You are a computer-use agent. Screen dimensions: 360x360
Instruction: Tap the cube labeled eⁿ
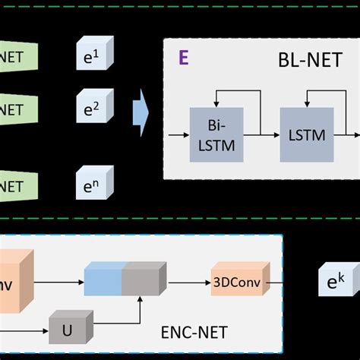pyautogui.click(x=94, y=184)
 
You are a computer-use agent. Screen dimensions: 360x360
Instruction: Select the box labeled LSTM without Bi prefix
pyautogui.click(x=307, y=134)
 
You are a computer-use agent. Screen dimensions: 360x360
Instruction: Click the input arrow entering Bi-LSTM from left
pyautogui.click(x=179, y=134)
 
